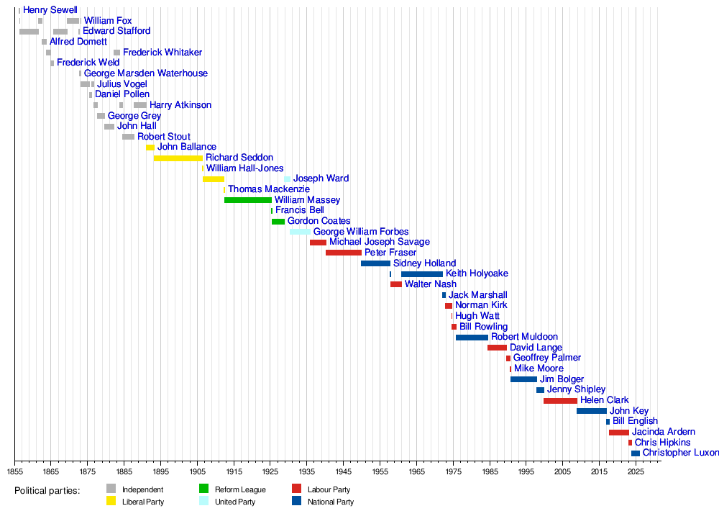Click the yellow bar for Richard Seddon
coord(178,158)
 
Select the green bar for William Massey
coord(248,199)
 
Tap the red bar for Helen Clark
coord(560,400)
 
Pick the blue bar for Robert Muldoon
coord(472,337)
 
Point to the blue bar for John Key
coord(591,411)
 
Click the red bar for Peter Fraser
coord(344,253)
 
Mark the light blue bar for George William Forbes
coord(300,232)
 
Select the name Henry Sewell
coord(50,10)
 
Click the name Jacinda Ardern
coord(663,432)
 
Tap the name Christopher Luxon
coord(680,453)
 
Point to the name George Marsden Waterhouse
coord(145,73)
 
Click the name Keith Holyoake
coord(477,273)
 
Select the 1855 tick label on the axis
coord(14,471)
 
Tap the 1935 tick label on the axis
coord(307,471)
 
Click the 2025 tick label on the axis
coord(636,471)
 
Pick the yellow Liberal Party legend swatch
coord(111,501)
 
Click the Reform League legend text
coord(240,489)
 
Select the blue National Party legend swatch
coord(296,501)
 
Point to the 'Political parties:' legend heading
coord(47,490)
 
